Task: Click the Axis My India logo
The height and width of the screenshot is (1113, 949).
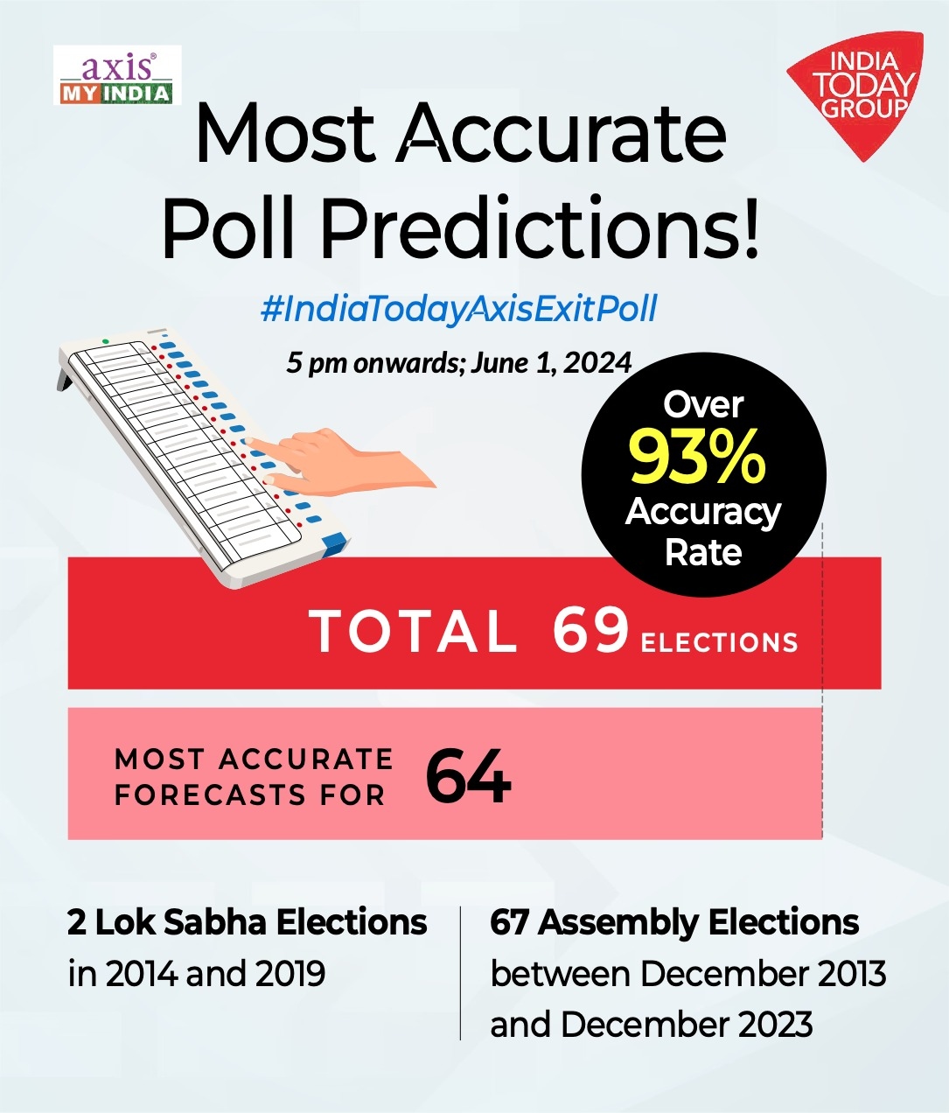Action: click(x=117, y=76)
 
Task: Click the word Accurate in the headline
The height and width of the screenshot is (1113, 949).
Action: click(x=562, y=134)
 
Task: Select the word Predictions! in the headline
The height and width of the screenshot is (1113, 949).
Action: click(x=540, y=228)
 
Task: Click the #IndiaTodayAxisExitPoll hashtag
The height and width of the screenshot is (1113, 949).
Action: click(x=459, y=309)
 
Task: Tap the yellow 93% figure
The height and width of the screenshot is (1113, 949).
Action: click(x=697, y=457)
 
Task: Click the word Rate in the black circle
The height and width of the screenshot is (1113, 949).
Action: click(x=703, y=553)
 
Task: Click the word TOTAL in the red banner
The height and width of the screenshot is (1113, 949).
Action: click(x=414, y=631)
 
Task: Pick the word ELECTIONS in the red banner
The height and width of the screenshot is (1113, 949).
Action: click(x=719, y=643)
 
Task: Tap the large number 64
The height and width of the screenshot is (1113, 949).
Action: click(x=468, y=776)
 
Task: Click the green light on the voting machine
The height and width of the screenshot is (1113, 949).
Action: click(x=106, y=341)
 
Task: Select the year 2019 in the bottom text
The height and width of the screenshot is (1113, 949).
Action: click(x=290, y=973)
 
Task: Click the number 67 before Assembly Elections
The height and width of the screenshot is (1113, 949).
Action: click(x=509, y=922)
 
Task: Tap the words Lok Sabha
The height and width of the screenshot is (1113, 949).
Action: click(x=181, y=922)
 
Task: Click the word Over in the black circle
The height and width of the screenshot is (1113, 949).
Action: click(x=703, y=404)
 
